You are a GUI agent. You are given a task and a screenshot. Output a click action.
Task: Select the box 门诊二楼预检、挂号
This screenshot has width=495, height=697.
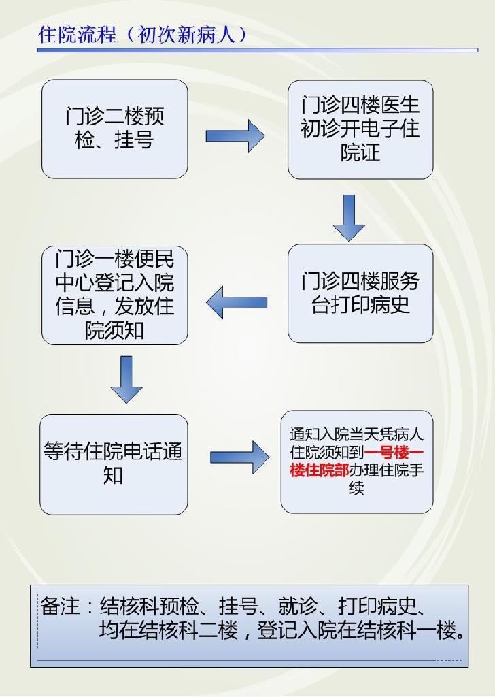coord(114,129)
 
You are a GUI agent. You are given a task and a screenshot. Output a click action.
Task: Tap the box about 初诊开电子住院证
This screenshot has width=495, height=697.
coord(360,129)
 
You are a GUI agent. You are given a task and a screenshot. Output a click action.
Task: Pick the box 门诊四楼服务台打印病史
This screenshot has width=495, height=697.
coord(360,293)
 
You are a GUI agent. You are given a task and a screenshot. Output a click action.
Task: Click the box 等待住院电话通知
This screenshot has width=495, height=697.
coord(114,463)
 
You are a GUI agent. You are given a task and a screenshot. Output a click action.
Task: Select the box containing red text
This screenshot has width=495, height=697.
coord(356,461)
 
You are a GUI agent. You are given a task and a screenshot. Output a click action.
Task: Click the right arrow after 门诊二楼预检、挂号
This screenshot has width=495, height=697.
coord(235,136)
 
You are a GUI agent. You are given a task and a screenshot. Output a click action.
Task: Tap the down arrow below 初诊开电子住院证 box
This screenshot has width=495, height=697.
coord(349,217)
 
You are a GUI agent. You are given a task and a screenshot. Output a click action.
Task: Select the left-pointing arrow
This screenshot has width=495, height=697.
coord(237,302)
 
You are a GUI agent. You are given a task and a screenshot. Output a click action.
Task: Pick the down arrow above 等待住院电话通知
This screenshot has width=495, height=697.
coord(126,379)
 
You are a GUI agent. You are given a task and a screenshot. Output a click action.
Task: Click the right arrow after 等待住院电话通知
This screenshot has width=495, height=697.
coord(239,457)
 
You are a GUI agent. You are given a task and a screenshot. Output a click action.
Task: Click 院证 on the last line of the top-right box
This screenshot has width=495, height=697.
coord(360,152)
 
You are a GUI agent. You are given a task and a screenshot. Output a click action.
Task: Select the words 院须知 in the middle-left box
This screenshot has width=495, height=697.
coord(114,330)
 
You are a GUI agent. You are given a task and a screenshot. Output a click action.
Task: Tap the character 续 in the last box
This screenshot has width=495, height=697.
coord(356,488)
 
